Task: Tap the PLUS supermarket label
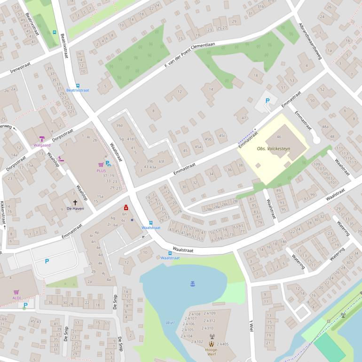tap(101, 171)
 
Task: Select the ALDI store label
tap(16, 298)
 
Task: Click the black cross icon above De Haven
tap(75, 202)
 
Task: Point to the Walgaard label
tap(42, 145)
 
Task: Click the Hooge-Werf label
tap(211, 350)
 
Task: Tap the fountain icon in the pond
tap(192, 283)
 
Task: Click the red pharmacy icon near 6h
tap(126, 207)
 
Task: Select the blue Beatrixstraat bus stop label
tap(78, 90)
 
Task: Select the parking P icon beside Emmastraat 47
tap(268, 100)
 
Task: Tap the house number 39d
tap(119, 126)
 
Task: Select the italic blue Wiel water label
tap(170, 323)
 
